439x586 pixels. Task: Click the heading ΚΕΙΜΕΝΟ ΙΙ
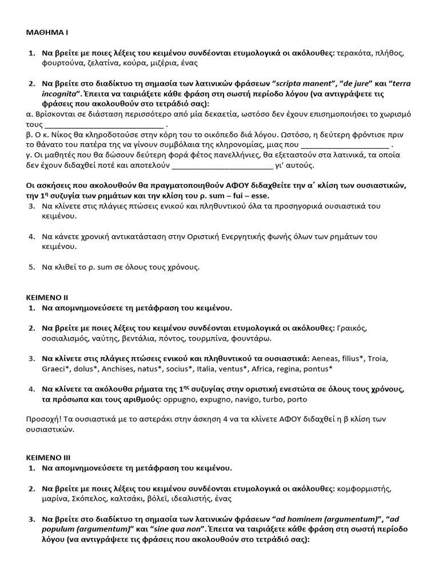(47, 298)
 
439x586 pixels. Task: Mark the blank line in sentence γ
(222, 165)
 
